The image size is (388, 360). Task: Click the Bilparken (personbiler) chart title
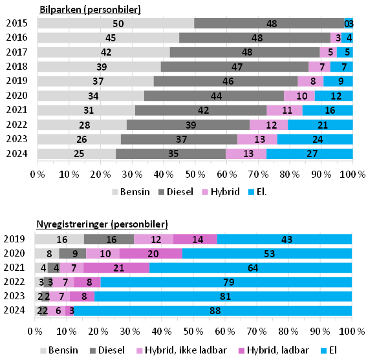click(x=90, y=10)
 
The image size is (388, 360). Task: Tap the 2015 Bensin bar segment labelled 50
click(x=116, y=24)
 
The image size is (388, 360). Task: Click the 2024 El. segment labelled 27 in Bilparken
click(x=310, y=153)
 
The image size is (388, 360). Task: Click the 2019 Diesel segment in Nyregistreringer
click(x=109, y=239)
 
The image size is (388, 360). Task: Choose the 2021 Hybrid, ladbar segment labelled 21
click(x=116, y=268)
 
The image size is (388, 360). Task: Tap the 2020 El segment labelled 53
click(x=267, y=253)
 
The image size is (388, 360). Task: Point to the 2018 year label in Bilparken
click(x=16, y=67)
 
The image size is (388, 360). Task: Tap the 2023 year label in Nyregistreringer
click(x=14, y=296)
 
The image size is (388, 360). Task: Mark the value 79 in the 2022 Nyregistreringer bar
click(x=226, y=282)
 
